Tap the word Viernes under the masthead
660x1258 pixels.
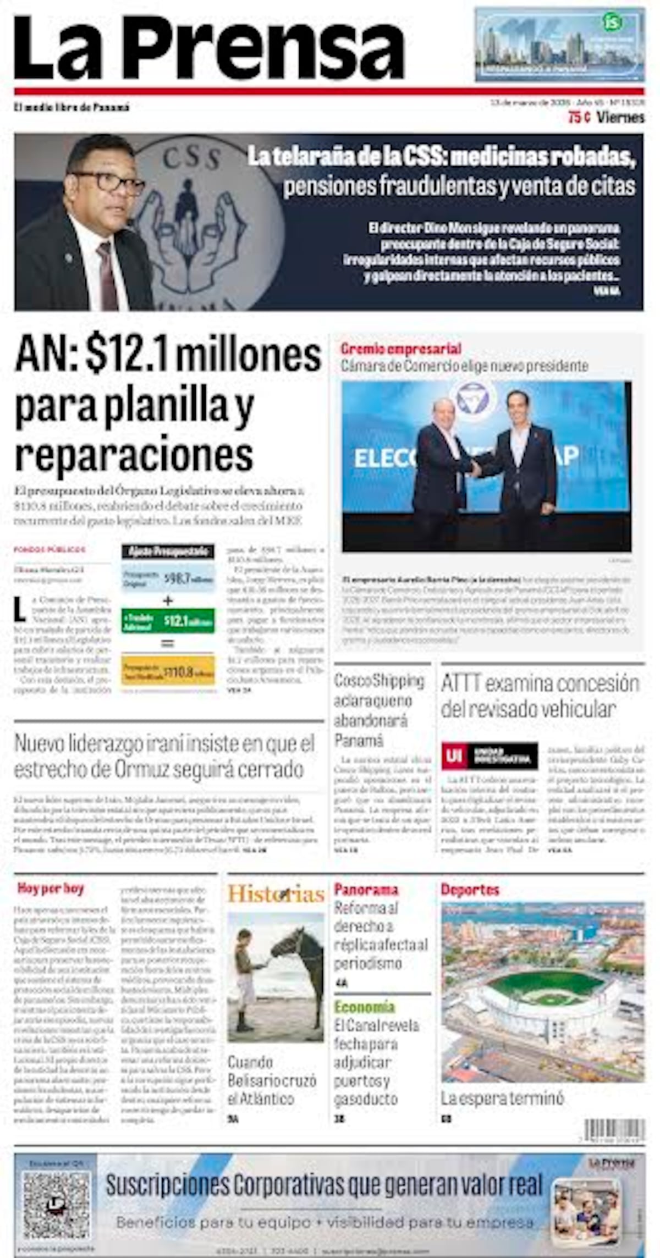(x=620, y=117)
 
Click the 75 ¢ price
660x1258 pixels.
(x=579, y=117)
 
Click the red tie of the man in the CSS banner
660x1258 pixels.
(x=107, y=275)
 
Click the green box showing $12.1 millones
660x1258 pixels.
(x=168, y=621)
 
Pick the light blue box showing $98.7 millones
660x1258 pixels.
(x=168, y=577)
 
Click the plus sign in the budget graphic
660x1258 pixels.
(x=168, y=600)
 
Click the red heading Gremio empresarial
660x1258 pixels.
(x=400, y=349)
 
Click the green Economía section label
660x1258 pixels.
(x=364, y=1007)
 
